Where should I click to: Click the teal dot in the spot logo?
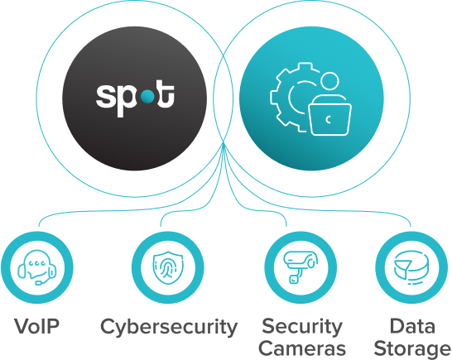coord(148,97)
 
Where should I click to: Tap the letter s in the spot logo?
coord(105,96)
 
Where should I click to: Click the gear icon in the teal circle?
coord(291,97)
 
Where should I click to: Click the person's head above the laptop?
coord(329,82)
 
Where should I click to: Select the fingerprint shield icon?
coord(168,268)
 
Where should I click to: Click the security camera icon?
coord(301,267)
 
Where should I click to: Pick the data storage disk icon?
coord(411,268)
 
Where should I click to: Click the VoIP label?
coord(37,327)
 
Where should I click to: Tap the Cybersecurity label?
coord(169,328)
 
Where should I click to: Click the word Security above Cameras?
coord(302,327)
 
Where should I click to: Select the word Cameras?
coord(302,348)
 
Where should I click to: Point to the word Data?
coord(412,326)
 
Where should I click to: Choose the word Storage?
coord(412,349)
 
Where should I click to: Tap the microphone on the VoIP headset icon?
coord(39,283)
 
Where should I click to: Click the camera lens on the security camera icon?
coord(311,263)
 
